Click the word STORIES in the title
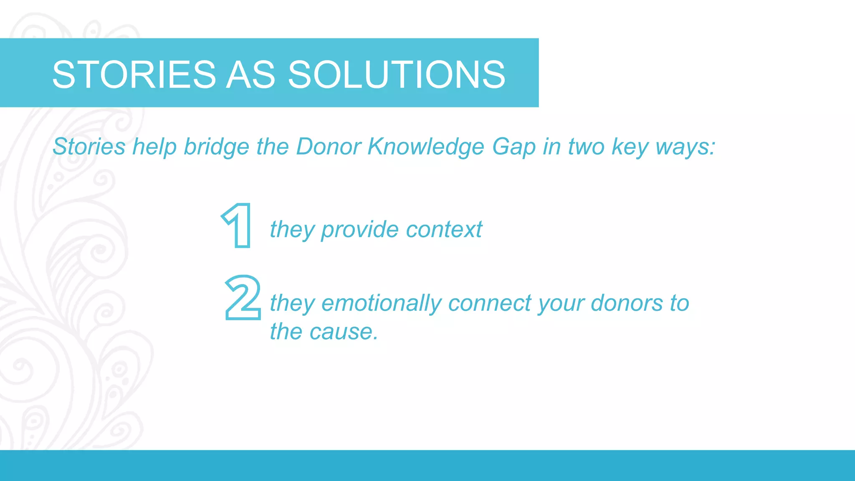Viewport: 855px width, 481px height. click(134, 74)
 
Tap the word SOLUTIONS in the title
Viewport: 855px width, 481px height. click(397, 74)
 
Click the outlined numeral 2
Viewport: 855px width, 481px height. click(243, 298)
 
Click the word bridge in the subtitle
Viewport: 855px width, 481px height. click(217, 147)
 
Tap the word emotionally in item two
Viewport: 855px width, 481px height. click(382, 303)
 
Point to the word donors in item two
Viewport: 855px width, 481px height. click(627, 303)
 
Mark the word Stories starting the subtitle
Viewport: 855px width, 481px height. click(89, 147)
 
